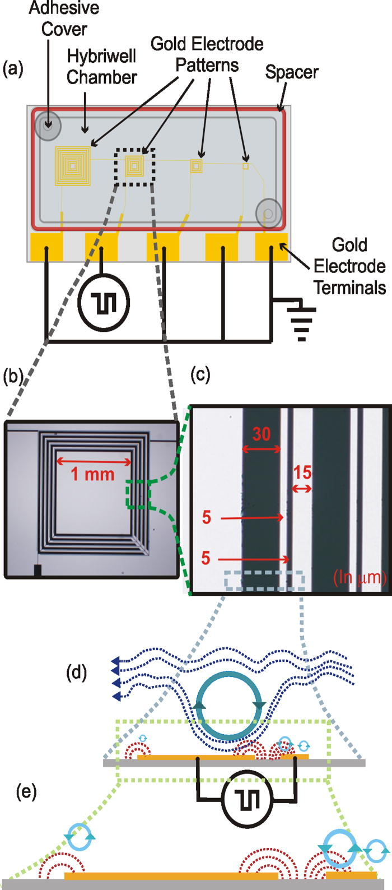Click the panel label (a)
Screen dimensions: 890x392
13,69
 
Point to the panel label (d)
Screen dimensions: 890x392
77,672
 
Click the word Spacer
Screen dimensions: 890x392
291,72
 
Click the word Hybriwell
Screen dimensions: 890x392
102,56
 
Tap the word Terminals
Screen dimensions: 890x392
349,288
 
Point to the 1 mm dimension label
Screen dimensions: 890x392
92,475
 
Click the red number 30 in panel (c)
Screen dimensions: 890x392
261,434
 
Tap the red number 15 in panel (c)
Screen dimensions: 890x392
302,472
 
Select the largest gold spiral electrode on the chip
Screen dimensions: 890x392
73,165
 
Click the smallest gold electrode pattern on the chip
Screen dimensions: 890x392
245,166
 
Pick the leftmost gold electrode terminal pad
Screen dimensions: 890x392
46,247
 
